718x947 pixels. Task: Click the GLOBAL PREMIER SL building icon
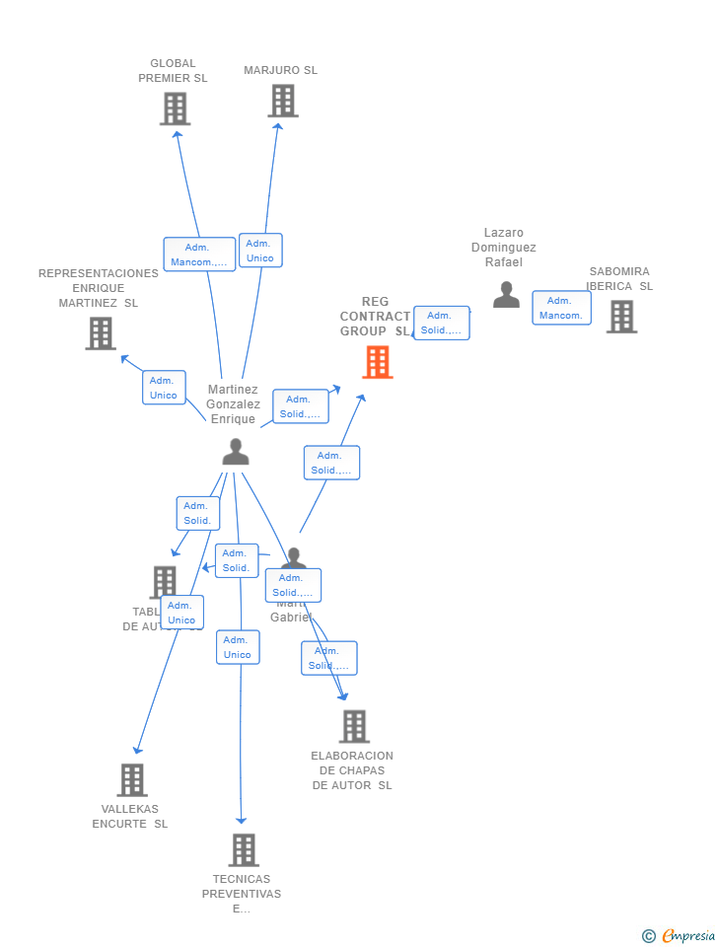[x=175, y=109]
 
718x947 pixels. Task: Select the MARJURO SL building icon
[x=283, y=101]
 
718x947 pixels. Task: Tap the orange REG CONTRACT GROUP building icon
[x=378, y=362]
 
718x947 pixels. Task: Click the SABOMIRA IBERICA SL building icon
[x=621, y=317]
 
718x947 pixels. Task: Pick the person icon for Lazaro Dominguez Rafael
[x=506, y=295]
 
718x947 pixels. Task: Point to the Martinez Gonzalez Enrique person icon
[x=236, y=452]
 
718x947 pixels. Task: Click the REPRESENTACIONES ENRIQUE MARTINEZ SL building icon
[x=101, y=333]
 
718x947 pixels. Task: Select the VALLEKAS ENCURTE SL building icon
[x=132, y=779]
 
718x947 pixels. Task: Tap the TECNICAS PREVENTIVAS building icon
[x=244, y=849]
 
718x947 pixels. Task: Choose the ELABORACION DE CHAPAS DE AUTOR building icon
[x=354, y=726]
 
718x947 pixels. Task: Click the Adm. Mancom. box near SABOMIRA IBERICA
[x=561, y=308]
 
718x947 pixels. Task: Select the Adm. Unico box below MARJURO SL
[x=260, y=251]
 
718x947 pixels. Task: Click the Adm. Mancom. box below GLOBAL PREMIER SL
[x=199, y=255]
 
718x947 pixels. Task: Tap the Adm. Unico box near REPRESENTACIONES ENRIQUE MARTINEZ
[x=164, y=388]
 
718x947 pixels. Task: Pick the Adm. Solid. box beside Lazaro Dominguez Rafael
[x=441, y=323]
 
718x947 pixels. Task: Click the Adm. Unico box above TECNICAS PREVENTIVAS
[x=238, y=647]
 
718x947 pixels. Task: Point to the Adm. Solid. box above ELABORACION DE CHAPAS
[x=328, y=658]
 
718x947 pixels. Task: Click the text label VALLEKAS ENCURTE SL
[x=130, y=816]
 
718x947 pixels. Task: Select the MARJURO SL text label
[x=281, y=70]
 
